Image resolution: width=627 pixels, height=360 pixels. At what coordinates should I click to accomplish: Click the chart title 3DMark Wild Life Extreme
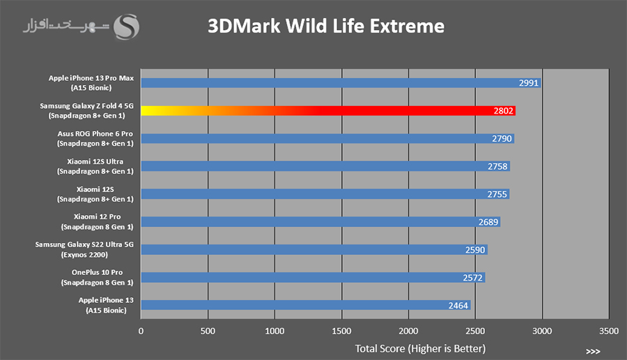pyautogui.click(x=326, y=26)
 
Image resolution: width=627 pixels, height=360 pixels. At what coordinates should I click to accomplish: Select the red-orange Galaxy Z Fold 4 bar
pyautogui.click(x=328, y=111)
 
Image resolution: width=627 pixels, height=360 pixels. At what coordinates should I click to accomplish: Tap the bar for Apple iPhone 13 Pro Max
pyautogui.click(x=341, y=83)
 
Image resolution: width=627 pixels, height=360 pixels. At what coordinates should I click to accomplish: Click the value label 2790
pyautogui.click(x=502, y=139)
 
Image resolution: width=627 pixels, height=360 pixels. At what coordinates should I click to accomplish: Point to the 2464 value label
pyautogui.click(x=458, y=306)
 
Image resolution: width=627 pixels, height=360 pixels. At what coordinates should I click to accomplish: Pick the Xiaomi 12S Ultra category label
pyautogui.click(x=95, y=166)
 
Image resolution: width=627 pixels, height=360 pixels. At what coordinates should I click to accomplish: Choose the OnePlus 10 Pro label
pyautogui.click(x=97, y=277)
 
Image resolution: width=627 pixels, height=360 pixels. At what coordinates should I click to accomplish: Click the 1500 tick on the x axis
pyautogui.click(x=341, y=331)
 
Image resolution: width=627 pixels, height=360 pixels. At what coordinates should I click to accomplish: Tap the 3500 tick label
pyautogui.click(x=609, y=331)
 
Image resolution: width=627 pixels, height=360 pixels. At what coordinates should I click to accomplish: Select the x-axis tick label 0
pyautogui.click(x=141, y=331)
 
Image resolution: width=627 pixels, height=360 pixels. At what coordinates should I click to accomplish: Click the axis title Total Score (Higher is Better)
pyautogui.click(x=420, y=349)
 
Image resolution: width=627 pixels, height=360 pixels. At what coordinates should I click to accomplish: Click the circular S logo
pyautogui.click(x=126, y=26)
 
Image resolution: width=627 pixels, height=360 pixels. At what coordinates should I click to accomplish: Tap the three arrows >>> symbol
pyautogui.click(x=593, y=352)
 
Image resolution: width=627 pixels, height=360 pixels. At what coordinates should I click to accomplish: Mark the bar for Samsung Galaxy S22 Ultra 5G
pyautogui.click(x=314, y=250)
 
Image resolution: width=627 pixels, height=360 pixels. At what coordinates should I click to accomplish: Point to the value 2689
pyautogui.click(x=488, y=222)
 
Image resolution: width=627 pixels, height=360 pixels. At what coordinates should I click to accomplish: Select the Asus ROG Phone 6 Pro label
pyautogui.click(x=95, y=139)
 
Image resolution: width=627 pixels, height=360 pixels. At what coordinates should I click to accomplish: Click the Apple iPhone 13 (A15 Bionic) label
pyautogui.click(x=106, y=305)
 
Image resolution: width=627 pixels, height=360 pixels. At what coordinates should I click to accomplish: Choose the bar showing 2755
pyautogui.click(x=325, y=194)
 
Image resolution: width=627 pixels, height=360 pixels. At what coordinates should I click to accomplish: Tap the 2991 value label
pyautogui.click(x=529, y=83)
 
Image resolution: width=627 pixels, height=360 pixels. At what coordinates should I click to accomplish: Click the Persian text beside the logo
pyautogui.click(x=66, y=26)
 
